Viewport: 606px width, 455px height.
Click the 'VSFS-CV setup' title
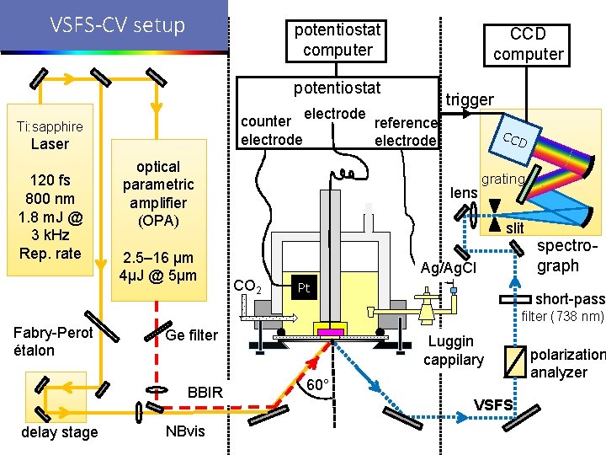117,25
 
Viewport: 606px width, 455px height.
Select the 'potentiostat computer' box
337,40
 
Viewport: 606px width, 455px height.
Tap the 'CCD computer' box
528,44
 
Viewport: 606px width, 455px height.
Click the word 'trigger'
470,99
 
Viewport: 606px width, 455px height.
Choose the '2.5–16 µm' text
158,258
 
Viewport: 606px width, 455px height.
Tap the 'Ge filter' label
192,335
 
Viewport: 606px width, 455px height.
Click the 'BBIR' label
205,392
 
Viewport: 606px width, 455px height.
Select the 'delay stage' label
59,432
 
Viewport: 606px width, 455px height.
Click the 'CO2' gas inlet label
247,286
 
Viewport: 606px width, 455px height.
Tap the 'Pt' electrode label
305,288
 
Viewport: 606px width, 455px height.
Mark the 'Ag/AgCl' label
449,268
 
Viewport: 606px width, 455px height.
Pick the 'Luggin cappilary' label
453,351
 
